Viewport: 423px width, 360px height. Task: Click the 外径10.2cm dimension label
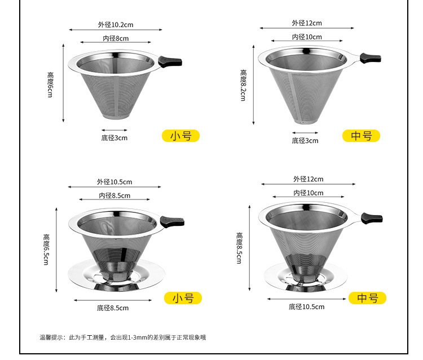(115, 25)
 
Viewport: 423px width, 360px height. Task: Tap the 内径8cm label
(115, 38)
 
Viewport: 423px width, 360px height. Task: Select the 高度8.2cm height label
(243, 85)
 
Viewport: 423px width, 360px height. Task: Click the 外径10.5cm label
(114, 181)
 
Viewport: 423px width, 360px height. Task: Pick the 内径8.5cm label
(114, 195)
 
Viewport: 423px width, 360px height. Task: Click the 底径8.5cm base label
(112, 308)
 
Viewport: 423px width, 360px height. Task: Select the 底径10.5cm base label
(306, 307)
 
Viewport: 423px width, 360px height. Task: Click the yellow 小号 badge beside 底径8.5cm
(183, 298)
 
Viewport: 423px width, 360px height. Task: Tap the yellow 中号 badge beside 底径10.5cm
(367, 298)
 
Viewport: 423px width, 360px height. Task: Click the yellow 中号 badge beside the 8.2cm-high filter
(361, 136)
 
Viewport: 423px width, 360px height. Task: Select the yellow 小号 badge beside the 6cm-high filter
(180, 136)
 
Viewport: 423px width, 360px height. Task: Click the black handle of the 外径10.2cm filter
(169, 61)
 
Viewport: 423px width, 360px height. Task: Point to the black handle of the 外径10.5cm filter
(171, 221)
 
